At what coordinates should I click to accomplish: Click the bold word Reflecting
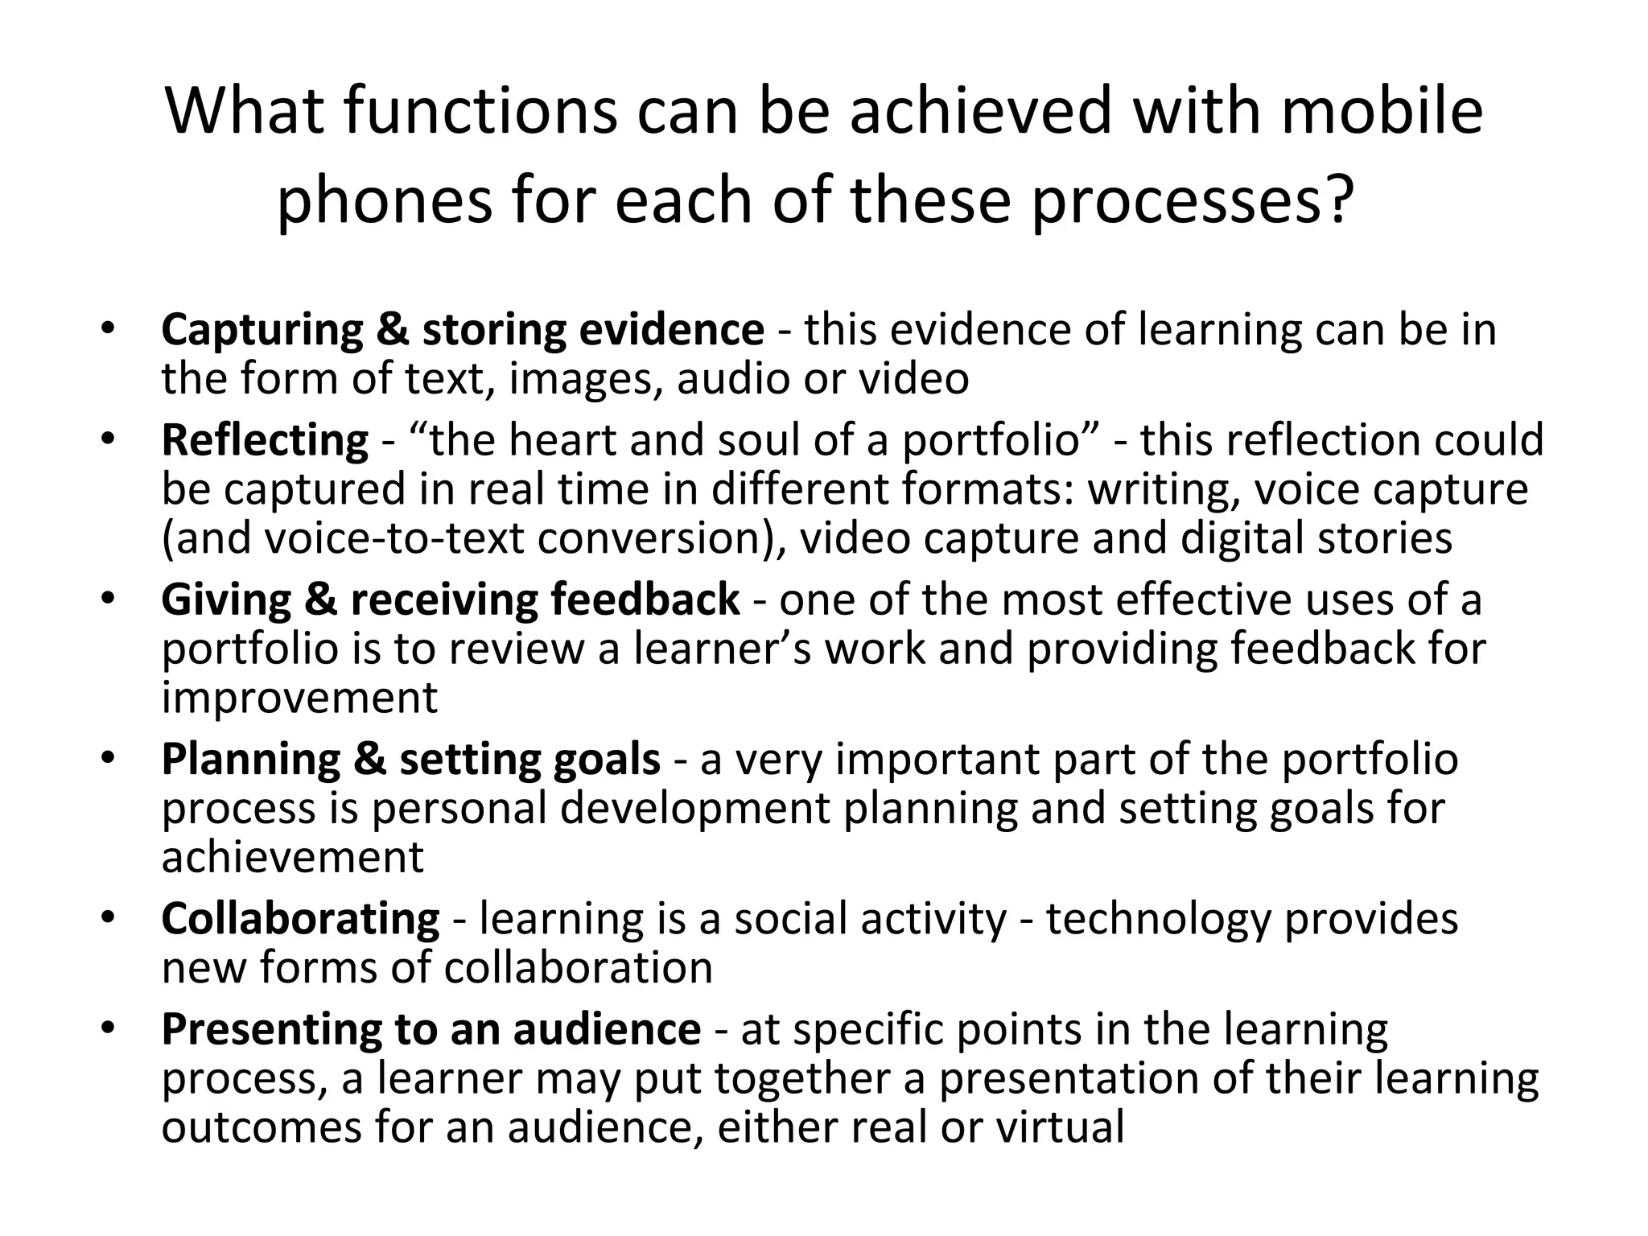[265, 441]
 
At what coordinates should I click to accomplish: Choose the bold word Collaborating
[300, 919]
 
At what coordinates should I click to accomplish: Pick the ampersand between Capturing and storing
[392, 331]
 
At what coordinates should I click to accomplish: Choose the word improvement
[299, 698]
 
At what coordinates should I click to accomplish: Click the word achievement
[292, 857]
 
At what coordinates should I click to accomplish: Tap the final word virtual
[1060, 1127]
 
